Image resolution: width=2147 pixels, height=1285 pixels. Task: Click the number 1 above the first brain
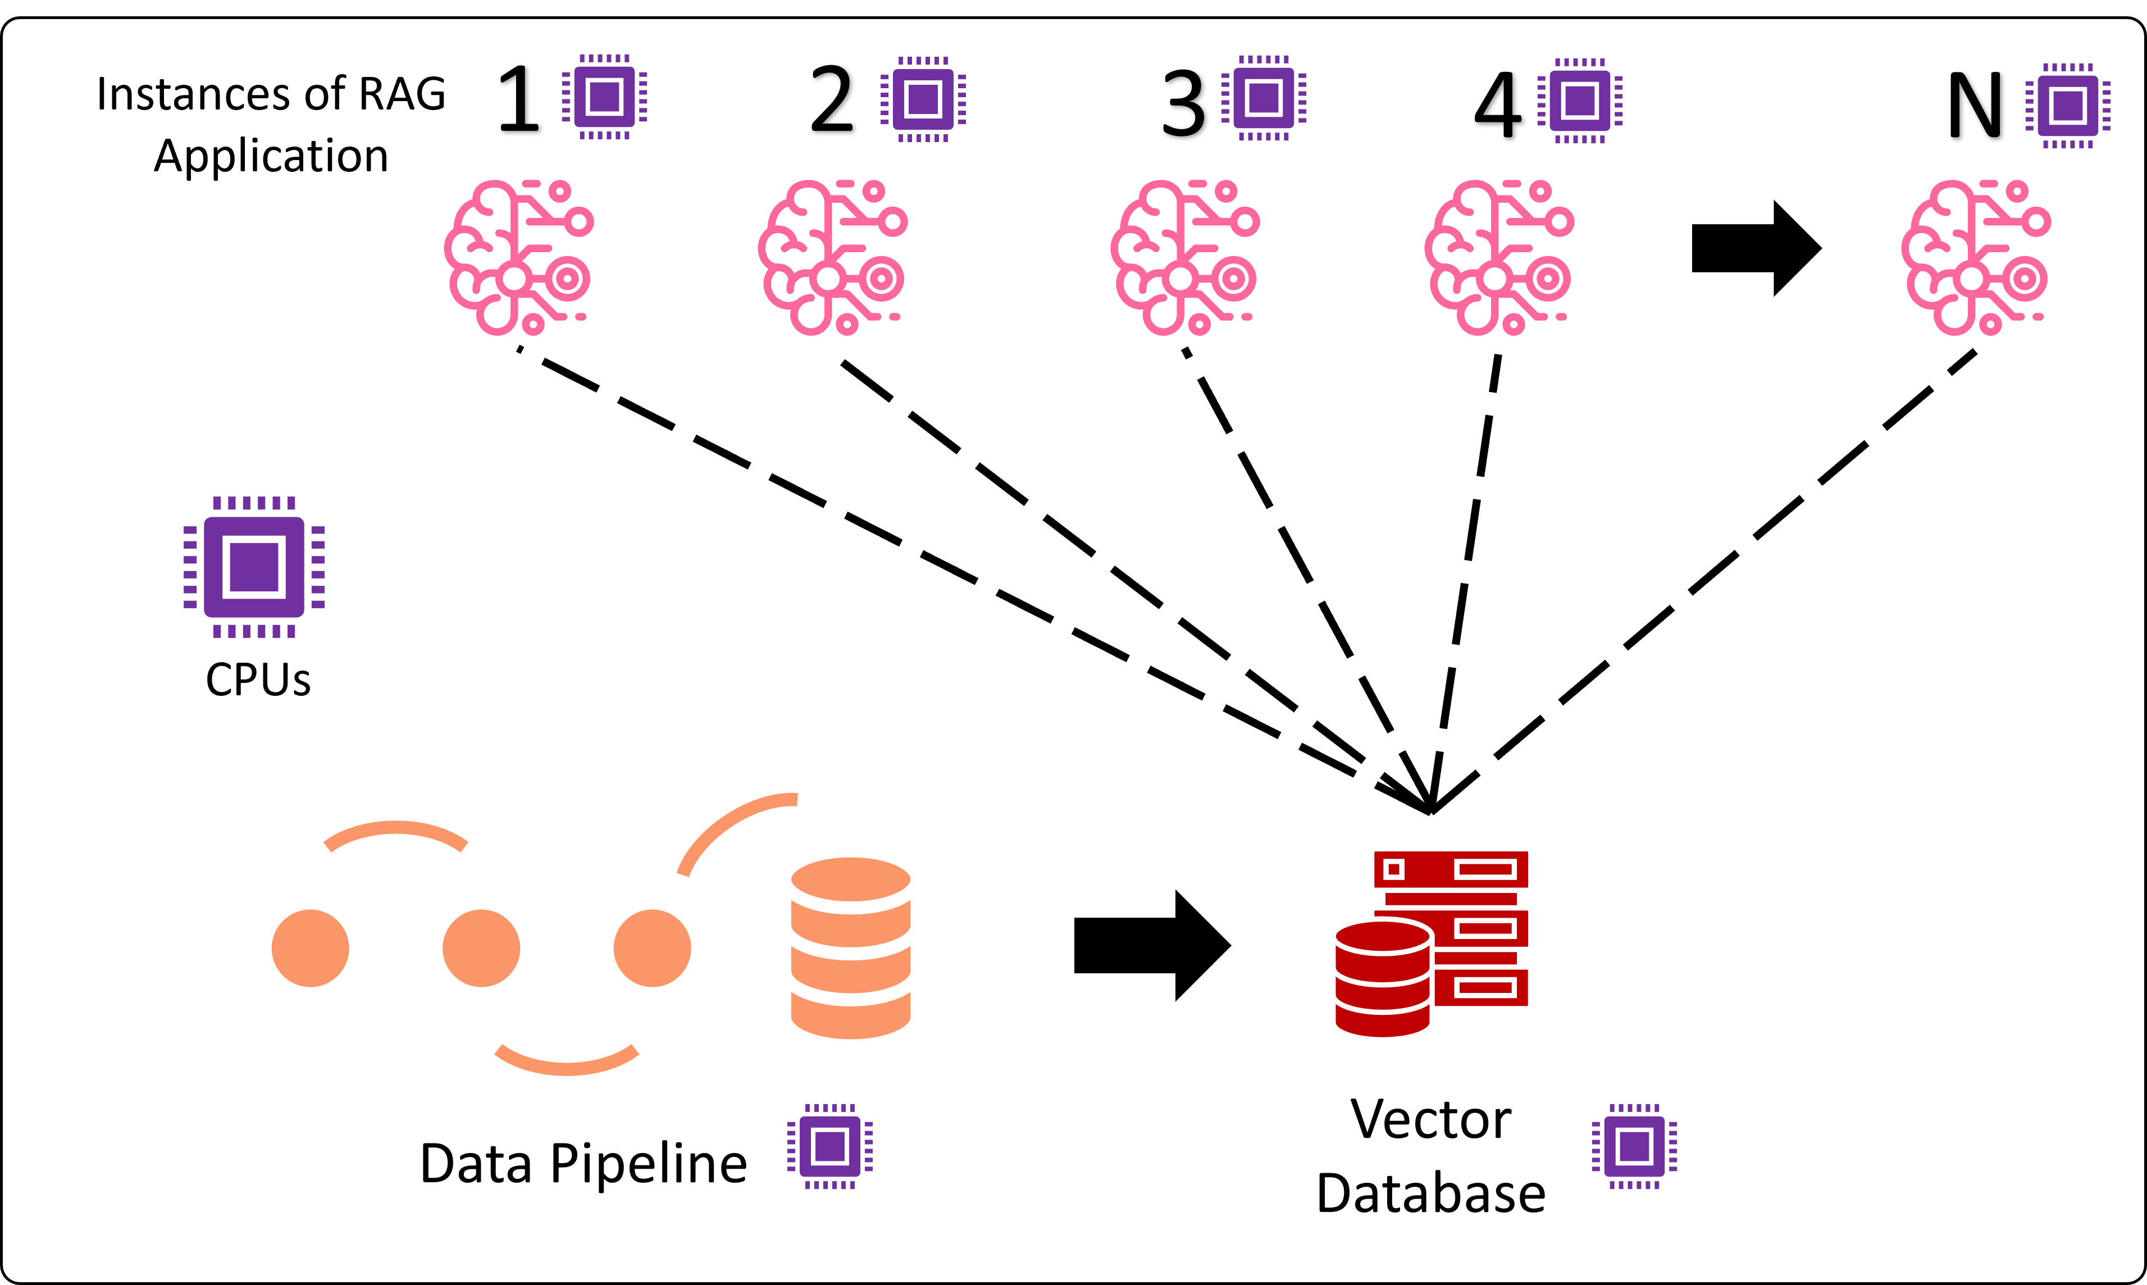coord(519,101)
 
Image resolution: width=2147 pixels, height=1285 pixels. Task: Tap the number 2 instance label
coord(832,101)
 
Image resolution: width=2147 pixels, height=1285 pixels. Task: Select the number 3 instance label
coord(1183,104)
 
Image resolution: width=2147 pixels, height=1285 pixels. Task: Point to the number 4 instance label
coord(1498,106)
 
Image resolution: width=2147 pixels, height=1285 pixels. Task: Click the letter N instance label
coord(1975,107)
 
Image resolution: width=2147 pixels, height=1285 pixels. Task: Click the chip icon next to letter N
coord(2067,106)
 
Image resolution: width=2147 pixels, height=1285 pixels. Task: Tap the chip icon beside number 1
coord(604,96)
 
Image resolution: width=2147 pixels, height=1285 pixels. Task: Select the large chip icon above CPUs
coord(254,567)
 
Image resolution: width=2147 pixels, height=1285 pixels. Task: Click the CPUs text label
coord(258,680)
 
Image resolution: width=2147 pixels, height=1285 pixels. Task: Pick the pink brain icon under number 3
coord(1184,257)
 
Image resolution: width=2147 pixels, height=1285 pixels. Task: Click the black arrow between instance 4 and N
coord(1756,248)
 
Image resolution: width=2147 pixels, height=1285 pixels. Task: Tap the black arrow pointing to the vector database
coord(1151,945)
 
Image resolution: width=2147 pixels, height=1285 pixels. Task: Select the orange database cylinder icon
coord(850,947)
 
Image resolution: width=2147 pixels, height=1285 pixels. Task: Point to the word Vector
coord(1430,1120)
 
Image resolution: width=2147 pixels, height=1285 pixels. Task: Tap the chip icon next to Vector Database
coord(1634,1146)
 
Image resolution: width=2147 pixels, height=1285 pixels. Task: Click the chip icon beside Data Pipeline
coord(829,1146)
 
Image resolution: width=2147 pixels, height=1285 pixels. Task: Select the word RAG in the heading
coord(403,94)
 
